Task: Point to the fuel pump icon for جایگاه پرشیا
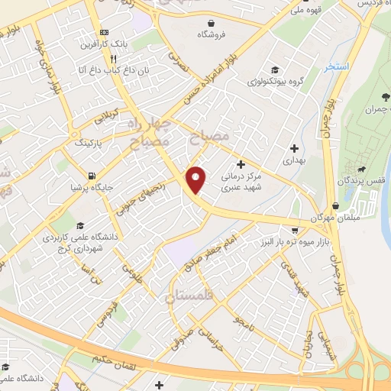(92, 176)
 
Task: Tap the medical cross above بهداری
(294, 148)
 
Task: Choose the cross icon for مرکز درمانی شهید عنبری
(241, 164)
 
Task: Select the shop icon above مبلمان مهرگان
(336, 205)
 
